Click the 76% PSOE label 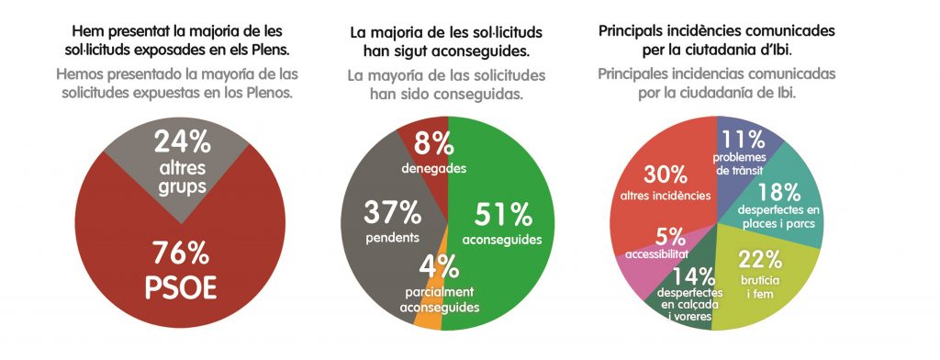tap(181, 269)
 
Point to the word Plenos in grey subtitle tap(273, 93)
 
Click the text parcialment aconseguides tap(440, 299)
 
